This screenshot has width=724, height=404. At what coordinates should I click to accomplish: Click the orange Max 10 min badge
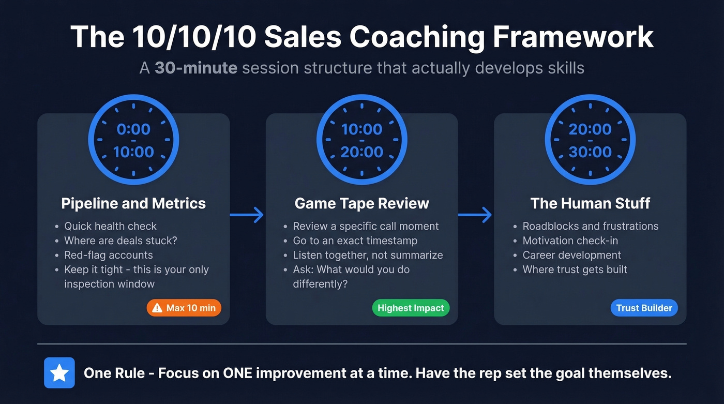(184, 308)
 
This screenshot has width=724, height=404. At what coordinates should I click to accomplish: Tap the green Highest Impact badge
(411, 308)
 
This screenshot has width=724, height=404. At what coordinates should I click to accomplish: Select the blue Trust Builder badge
(644, 308)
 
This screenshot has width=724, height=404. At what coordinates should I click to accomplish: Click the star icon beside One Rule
(59, 373)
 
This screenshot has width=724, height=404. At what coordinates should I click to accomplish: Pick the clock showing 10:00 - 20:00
(362, 140)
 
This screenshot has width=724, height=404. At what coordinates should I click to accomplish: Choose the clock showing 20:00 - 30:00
(590, 140)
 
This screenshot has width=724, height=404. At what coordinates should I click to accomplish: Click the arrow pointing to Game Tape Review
(247, 215)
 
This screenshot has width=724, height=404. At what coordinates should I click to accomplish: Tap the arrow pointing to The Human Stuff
(475, 215)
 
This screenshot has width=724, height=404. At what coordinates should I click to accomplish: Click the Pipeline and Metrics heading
(133, 203)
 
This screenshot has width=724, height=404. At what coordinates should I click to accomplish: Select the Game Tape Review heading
(361, 203)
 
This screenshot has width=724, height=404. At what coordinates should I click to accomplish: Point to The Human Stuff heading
(590, 203)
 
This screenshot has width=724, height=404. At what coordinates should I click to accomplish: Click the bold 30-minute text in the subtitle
(195, 68)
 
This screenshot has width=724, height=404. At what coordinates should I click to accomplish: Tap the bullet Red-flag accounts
(109, 255)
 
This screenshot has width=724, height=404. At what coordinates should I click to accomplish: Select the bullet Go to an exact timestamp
(355, 241)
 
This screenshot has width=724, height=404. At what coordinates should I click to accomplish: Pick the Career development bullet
(571, 255)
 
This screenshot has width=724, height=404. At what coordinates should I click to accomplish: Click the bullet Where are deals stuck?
(120, 241)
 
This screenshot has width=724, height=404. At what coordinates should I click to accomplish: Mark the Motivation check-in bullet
(570, 241)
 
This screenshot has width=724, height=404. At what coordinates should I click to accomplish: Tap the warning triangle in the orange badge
(157, 308)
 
